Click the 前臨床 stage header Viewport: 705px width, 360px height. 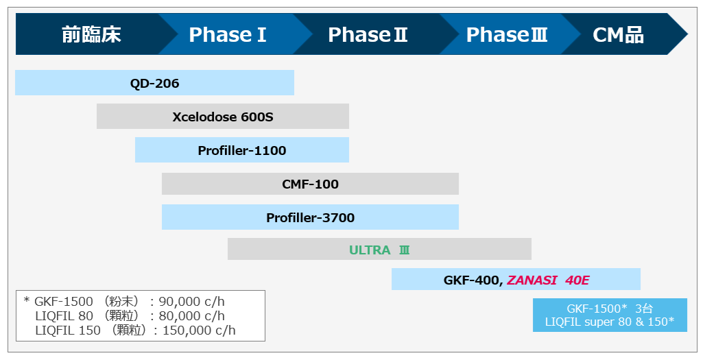(91, 34)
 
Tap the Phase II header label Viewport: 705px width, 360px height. (368, 34)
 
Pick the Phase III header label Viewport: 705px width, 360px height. (507, 34)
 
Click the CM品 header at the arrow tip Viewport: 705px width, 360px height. (618, 34)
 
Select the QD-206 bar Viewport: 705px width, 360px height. (155, 83)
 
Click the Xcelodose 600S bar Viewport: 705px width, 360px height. (223, 117)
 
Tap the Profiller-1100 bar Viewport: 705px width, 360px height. (242, 149)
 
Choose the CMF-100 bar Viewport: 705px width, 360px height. (310, 184)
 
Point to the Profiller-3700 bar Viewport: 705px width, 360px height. (310, 217)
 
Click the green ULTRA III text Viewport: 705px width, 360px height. (379, 250)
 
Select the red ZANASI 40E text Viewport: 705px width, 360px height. (548, 280)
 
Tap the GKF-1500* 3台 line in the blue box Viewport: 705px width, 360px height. (609, 309)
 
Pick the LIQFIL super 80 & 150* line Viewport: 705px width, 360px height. (609, 322)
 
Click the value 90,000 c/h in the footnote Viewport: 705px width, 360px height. (191, 302)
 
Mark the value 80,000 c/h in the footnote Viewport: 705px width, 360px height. (191, 316)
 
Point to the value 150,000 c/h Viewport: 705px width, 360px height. (199, 331)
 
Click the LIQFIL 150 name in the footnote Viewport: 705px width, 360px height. (68, 331)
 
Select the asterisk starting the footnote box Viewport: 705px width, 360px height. (27, 300)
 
